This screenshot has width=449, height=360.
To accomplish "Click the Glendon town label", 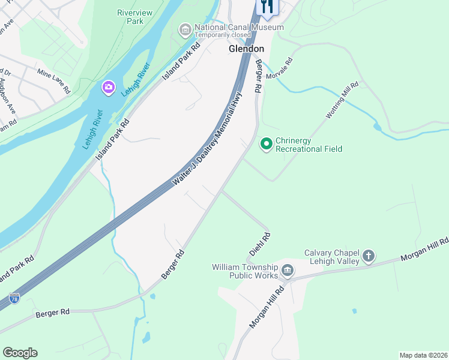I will tap(246, 49).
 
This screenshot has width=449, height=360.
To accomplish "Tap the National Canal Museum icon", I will tap(185, 29).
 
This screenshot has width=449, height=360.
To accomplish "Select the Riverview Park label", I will tap(135, 16).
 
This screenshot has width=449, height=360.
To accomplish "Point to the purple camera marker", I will tap(108, 88).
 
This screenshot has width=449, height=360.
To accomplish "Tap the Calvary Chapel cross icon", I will tap(369, 257).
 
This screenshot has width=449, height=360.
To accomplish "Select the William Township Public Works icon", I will tap(288, 271).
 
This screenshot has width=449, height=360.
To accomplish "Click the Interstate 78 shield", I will tap(14, 298).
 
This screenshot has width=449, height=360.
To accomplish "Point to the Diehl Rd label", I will tap(260, 243).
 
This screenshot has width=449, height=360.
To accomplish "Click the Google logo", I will tap(20, 353).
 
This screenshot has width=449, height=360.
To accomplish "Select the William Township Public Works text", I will tap(245, 271).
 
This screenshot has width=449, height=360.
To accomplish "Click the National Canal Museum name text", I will tap(239, 28).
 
